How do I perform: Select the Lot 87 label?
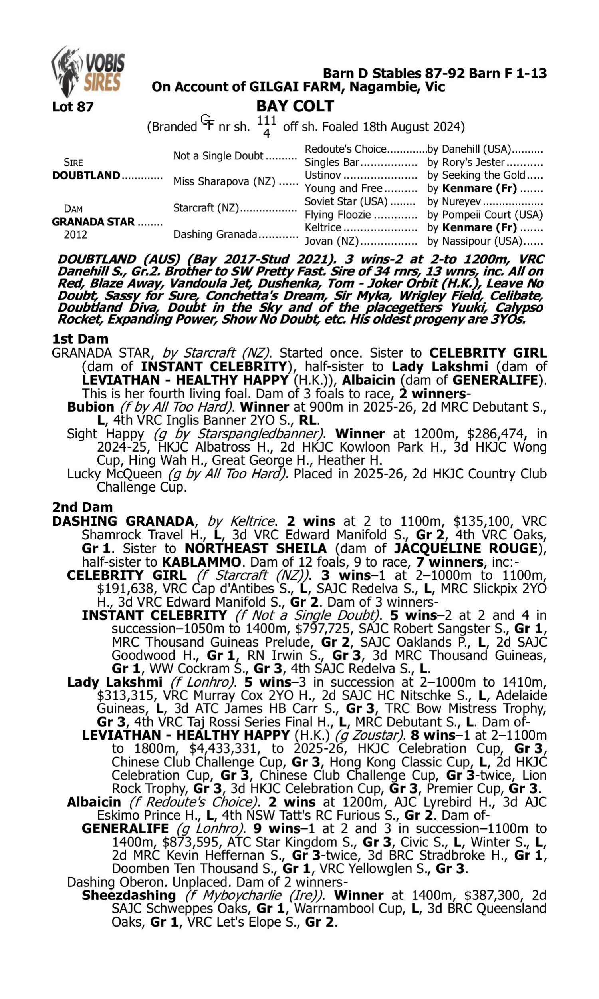(73, 107)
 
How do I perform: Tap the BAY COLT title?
(295, 106)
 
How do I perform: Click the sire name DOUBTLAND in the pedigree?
(86, 176)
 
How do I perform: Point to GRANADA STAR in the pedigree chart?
(93, 222)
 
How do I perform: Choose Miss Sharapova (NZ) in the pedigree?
(224, 182)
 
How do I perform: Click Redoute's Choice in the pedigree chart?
(345, 149)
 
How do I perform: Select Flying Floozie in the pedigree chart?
(337, 215)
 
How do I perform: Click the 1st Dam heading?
(80, 339)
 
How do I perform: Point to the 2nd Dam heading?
(82, 507)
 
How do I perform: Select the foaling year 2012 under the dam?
(75, 235)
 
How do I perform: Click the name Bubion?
(91, 407)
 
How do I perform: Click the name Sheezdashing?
(129, 896)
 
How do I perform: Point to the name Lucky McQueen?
(114, 474)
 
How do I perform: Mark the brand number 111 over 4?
(266, 126)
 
